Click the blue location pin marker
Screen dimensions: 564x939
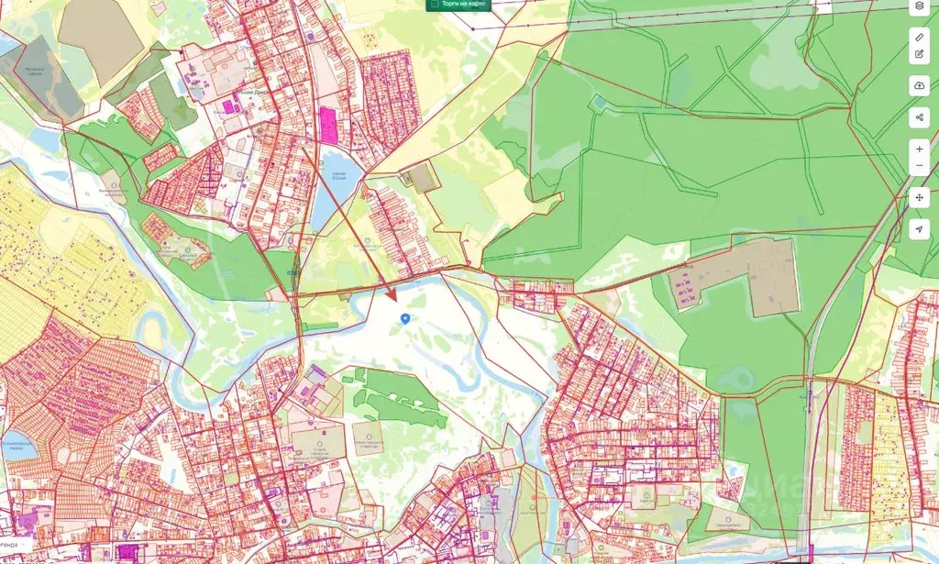405,317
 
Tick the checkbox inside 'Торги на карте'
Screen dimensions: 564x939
434,5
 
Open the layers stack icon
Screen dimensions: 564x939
920,6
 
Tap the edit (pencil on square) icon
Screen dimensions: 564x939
920,55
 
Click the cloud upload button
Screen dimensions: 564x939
920,85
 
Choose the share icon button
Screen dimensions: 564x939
920,117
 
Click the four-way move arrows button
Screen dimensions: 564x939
920,198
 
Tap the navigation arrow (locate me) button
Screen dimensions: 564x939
920,228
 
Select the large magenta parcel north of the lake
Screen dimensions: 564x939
327,125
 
